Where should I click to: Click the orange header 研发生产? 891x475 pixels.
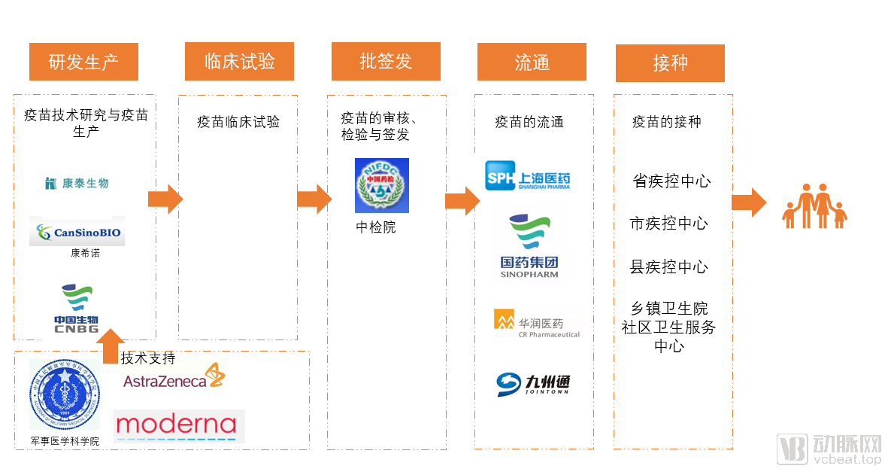tap(83, 62)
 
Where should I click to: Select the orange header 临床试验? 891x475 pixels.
tap(239, 62)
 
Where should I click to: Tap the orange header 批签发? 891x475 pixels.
tap(386, 62)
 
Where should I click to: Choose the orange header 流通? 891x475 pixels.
tap(532, 62)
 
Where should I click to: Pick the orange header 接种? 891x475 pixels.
tap(670, 63)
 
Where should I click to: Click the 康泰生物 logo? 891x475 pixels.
tap(77, 183)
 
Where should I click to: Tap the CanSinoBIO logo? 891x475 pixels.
tap(77, 232)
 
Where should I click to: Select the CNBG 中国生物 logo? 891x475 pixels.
tap(76, 309)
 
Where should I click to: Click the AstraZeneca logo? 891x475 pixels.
tap(174, 378)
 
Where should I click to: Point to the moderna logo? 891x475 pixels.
tap(179, 425)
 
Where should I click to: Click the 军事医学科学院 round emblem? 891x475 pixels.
tap(64, 394)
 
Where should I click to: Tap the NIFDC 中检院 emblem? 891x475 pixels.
tap(382, 185)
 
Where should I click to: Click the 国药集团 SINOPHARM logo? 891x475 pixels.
tap(529, 246)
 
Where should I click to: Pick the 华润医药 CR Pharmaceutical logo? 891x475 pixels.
tap(537, 323)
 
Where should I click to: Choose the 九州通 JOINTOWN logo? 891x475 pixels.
tap(533, 384)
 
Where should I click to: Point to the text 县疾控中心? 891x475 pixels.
tap(668, 267)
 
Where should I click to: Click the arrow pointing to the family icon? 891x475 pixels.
tap(748, 202)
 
